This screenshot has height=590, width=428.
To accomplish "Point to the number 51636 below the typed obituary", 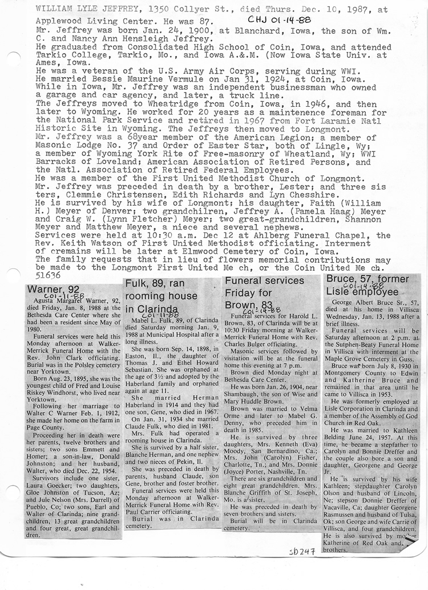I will tap(47, 275).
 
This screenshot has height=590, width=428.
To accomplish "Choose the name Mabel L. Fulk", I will tap(152, 321).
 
